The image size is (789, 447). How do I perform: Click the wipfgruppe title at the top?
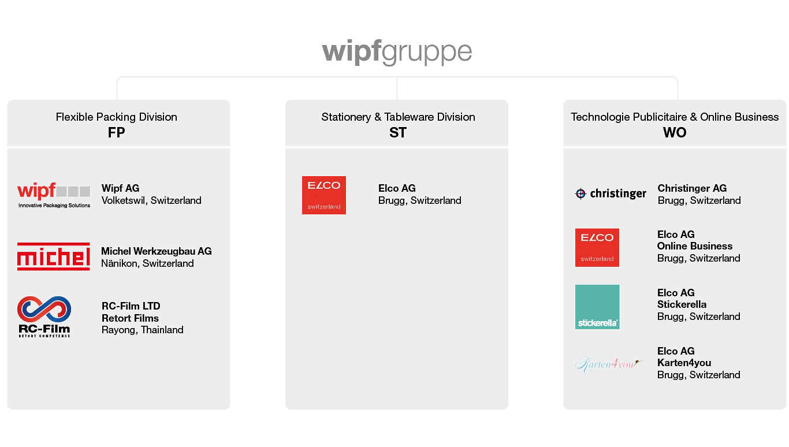tap(397, 52)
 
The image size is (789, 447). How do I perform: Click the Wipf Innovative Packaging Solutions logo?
tap(54, 195)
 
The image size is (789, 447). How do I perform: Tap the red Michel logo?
tap(54, 256)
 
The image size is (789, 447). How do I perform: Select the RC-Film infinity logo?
tap(44, 316)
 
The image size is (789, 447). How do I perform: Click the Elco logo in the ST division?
tap(323, 195)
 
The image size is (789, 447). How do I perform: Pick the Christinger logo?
tap(611, 194)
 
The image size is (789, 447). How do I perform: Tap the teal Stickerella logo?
tap(597, 307)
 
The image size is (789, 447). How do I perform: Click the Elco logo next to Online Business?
tap(597, 247)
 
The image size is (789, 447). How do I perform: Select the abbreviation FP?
tap(116, 133)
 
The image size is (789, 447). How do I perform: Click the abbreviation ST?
tap(397, 133)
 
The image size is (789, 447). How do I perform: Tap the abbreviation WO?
tap(675, 133)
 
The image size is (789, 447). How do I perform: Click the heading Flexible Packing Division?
tap(116, 117)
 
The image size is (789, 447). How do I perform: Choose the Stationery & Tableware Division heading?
tap(398, 117)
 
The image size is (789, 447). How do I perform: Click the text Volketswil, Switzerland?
tap(151, 200)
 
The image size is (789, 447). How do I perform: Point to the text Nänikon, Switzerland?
tap(147, 263)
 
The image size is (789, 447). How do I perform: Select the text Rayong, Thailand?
tap(142, 330)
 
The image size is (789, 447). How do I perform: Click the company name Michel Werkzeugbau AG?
tap(157, 251)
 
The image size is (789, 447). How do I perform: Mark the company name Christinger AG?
tap(692, 188)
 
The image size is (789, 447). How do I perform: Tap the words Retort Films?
tap(130, 318)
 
